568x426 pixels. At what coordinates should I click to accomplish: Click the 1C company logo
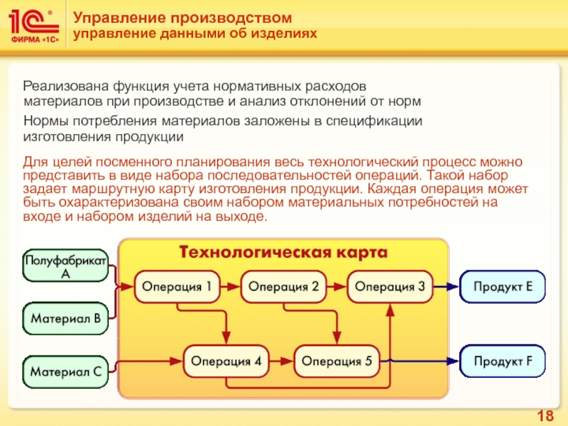coord(34,26)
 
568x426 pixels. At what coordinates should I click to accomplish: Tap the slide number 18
coord(546,416)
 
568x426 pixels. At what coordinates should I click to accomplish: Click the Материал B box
coord(66,319)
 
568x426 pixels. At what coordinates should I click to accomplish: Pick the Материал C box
coord(66,371)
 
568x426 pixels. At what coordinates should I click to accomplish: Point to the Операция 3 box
coord(390,287)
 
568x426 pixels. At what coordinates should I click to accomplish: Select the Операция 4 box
coord(227,361)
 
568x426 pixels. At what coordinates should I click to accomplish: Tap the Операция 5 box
coord(337,361)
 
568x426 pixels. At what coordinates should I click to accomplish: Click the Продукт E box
coord(504,287)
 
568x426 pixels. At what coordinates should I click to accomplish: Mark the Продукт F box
coord(504,361)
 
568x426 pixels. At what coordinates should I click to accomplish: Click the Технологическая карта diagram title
coord(283,253)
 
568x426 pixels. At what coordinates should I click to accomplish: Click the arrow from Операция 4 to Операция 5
coord(282,361)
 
